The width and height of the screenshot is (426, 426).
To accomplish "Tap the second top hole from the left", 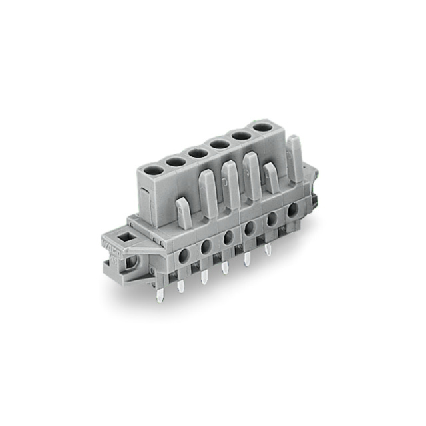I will point(175,161).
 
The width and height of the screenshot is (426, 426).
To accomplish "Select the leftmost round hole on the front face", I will point(183,256).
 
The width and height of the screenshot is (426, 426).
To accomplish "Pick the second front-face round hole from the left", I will point(206,246).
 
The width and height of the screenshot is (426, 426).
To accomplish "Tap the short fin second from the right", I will point(271,180).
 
